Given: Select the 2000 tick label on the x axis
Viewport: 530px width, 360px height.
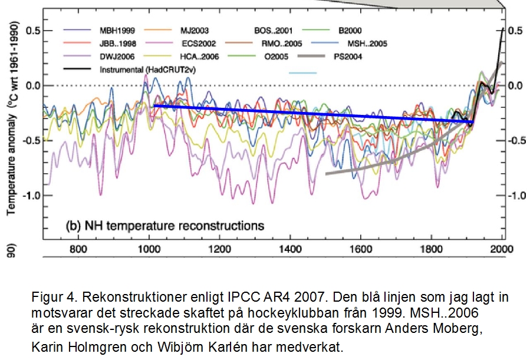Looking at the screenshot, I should click(x=501, y=249).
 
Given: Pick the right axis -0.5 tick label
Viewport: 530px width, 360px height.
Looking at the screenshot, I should click(x=516, y=140).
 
